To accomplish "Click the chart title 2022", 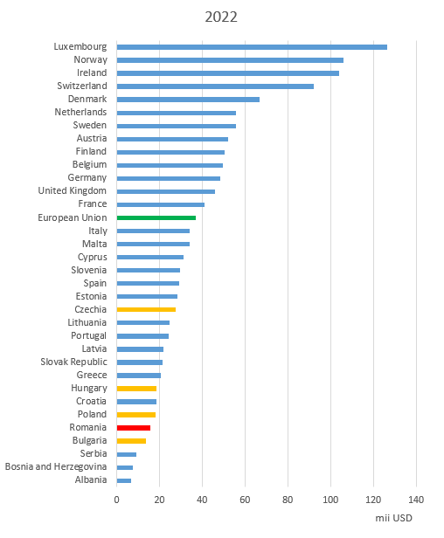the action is click(x=221, y=17).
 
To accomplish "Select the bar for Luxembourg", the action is click(x=252, y=47).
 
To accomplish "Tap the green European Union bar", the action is click(x=156, y=217).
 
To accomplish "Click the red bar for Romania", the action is click(x=134, y=428).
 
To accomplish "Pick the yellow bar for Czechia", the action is click(x=146, y=309).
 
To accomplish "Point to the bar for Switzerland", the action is click(x=215, y=86).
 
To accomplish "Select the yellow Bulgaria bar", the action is click(x=131, y=441).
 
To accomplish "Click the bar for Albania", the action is click(x=124, y=480).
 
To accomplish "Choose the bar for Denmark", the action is click(x=188, y=100).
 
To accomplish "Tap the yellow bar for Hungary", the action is click(x=136, y=389).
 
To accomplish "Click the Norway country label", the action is click(x=91, y=60).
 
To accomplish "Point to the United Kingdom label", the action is click(x=73, y=190).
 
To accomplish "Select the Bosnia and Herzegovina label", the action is click(x=56, y=466).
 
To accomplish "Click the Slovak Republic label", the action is click(x=73, y=362).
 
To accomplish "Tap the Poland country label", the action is click(x=92, y=415).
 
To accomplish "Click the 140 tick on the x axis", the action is click(x=416, y=500).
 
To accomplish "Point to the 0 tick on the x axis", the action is click(x=117, y=500).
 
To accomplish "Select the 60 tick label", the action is click(x=245, y=500).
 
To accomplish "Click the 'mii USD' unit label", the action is click(x=393, y=518).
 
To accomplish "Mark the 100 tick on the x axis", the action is click(x=330, y=500).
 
